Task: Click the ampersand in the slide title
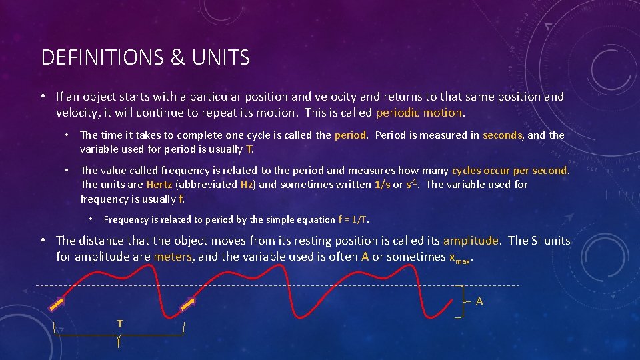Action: [177, 58]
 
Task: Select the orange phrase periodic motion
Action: [419, 113]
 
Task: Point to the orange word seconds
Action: [502, 135]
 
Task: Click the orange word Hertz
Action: [159, 185]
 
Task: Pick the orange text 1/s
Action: [382, 185]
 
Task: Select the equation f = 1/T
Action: [353, 219]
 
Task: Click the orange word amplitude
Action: [471, 241]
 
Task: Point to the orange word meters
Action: [173, 257]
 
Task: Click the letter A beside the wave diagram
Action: [479, 301]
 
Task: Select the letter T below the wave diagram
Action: [119, 323]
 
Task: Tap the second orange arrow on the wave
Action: [187, 304]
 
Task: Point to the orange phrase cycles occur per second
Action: [510, 171]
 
